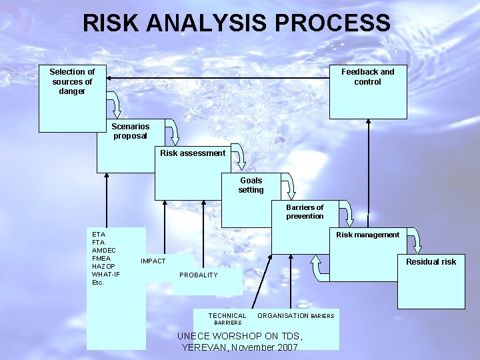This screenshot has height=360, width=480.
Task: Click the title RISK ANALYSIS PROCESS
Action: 237,23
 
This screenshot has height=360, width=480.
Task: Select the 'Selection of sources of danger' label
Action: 72,81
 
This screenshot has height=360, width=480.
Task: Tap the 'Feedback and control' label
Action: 367,77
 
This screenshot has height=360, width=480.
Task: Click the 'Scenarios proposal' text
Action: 130,131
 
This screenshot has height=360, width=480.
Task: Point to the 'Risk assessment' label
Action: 193,153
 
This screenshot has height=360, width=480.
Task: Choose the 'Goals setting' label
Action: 251,185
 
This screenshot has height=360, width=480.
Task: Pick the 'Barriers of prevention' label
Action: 305,211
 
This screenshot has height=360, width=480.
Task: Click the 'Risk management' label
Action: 367,235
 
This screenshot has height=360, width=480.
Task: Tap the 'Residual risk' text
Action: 431,262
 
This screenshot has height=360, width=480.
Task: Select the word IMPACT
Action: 153,261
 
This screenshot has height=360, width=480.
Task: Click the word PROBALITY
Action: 199,275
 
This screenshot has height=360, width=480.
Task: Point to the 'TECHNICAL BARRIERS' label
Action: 227,319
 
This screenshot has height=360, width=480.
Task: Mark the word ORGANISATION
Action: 283,315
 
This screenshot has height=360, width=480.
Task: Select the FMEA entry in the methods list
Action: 101,258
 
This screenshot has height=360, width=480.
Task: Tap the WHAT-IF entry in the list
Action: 106,274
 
